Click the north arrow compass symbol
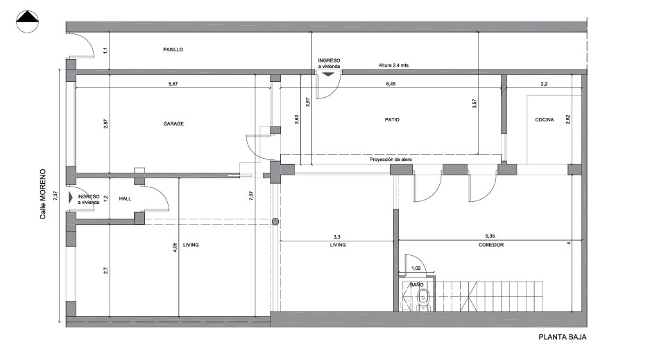pyautogui.click(x=27, y=22)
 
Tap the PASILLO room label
pyautogui.click(x=173, y=50)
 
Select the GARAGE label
pyautogui.click(x=173, y=123)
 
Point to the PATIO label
pyautogui.click(x=392, y=120)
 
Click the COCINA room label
pyautogui.click(x=545, y=120)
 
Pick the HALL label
pyautogui.click(x=125, y=199)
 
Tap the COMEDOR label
pyautogui.click(x=491, y=245)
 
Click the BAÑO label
pyautogui.click(x=417, y=284)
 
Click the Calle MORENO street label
pyautogui.click(x=43, y=194)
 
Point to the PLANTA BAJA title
pyautogui.click(x=563, y=337)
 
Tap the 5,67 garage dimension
pyautogui.click(x=173, y=84)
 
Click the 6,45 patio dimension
pyautogui.click(x=391, y=84)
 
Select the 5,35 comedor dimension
pyautogui.click(x=490, y=236)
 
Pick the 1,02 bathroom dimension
pyautogui.click(x=416, y=268)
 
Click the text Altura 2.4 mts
pyautogui.click(x=393, y=65)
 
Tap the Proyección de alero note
pyautogui.click(x=391, y=160)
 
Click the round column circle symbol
pyautogui.click(x=275, y=222)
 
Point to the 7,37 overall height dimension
pyautogui.click(x=55, y=196)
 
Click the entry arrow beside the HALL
pyautogui.click(x=71, y=197)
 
